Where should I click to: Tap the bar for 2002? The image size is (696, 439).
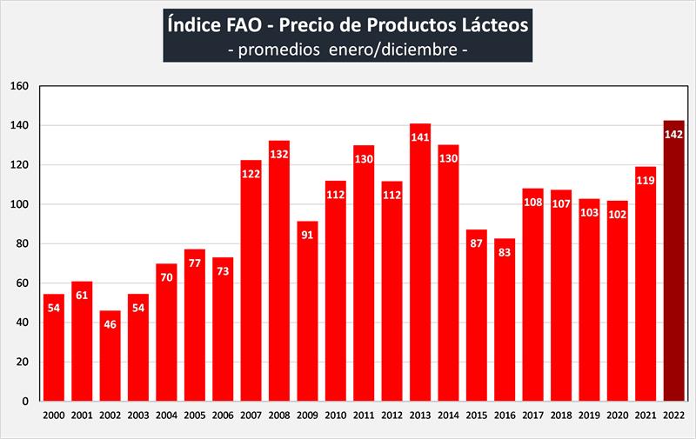(x=110, y=356)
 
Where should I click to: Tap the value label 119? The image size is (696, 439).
(x=646, y=181)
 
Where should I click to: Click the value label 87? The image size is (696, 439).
(x=477, y=244)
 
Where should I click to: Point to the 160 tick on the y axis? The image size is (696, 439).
(x=20, y=86)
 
